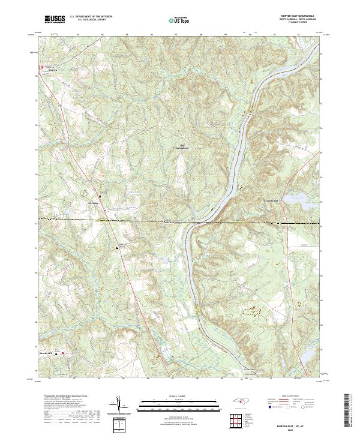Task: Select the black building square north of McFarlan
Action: click(x=100, y=196)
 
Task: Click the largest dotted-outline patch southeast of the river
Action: click(x=253, y=310)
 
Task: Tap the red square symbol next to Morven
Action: click(x=41, y=67)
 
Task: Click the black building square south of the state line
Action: click(x=118, y=247)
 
